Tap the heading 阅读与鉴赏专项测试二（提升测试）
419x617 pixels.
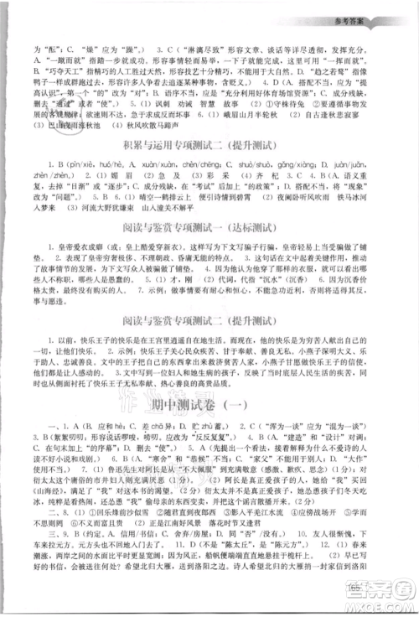pos(209,342)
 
